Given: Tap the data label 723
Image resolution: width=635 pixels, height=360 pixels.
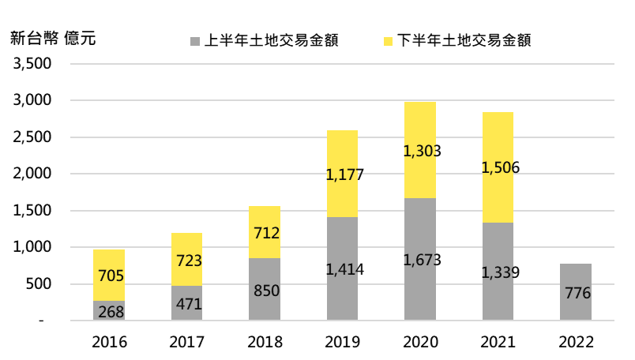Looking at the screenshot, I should (188, 260).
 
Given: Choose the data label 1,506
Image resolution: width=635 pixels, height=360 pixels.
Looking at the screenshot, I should (499, 167).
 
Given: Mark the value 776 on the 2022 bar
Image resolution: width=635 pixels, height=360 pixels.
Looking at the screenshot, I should (577, 294).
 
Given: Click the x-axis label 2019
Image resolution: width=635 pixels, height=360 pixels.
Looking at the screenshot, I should (343, 342).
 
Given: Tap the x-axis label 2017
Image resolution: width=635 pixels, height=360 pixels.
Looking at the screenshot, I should (187, 342).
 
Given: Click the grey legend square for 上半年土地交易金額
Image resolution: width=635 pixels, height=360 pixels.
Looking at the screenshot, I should (194, 40).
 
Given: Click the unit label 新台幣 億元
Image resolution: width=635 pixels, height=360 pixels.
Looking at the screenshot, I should (53, 38).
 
